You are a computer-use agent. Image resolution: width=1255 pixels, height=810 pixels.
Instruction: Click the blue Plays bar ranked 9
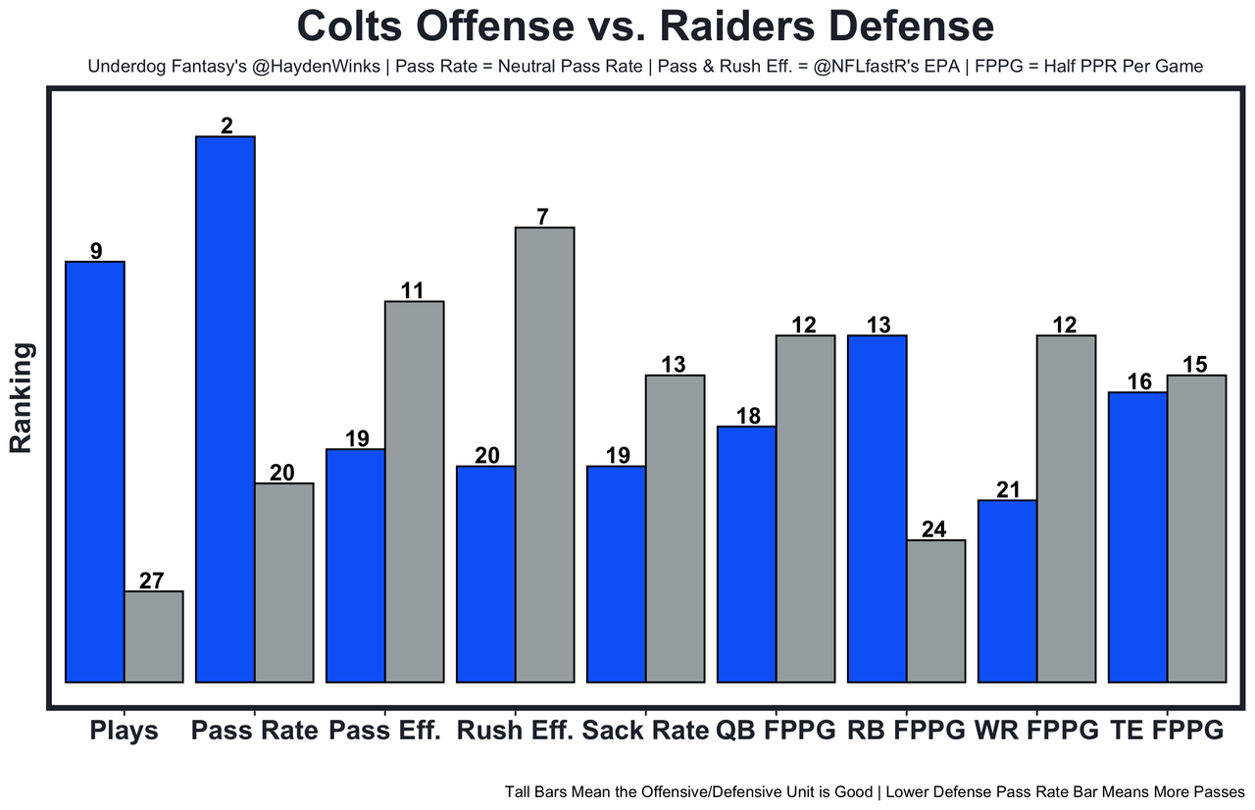[95, 471]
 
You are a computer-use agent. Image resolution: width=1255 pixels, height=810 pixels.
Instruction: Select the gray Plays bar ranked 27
[153, 635]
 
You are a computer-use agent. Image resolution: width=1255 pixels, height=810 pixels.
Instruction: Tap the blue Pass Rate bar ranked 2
[226, 408]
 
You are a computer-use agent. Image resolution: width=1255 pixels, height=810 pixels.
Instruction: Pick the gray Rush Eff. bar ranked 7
[544, 454]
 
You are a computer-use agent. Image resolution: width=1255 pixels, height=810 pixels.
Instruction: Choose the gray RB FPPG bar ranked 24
[935, 610]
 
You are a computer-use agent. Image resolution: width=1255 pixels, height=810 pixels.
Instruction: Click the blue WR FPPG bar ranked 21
[1008, 590]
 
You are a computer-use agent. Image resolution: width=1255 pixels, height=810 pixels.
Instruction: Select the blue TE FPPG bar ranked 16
[1137, 536]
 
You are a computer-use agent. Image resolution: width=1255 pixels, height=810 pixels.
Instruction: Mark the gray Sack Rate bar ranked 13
[675, 528]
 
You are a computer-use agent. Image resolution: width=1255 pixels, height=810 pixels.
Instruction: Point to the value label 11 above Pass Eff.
[413, 290]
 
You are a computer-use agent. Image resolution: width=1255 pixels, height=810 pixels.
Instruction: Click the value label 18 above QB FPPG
[748, 416]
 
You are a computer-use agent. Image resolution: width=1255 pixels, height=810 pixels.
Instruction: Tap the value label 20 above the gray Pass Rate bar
[282, 473]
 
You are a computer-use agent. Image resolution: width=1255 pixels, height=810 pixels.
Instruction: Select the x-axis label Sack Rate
[644, 731]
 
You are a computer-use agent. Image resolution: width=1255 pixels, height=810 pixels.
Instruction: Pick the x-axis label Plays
[124, 731]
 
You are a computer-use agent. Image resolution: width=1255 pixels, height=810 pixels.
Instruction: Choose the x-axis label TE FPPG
[1167, 731]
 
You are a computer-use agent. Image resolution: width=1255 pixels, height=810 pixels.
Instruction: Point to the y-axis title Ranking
[22, 397]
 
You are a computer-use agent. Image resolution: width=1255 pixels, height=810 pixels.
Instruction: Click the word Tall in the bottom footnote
[520, 791]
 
